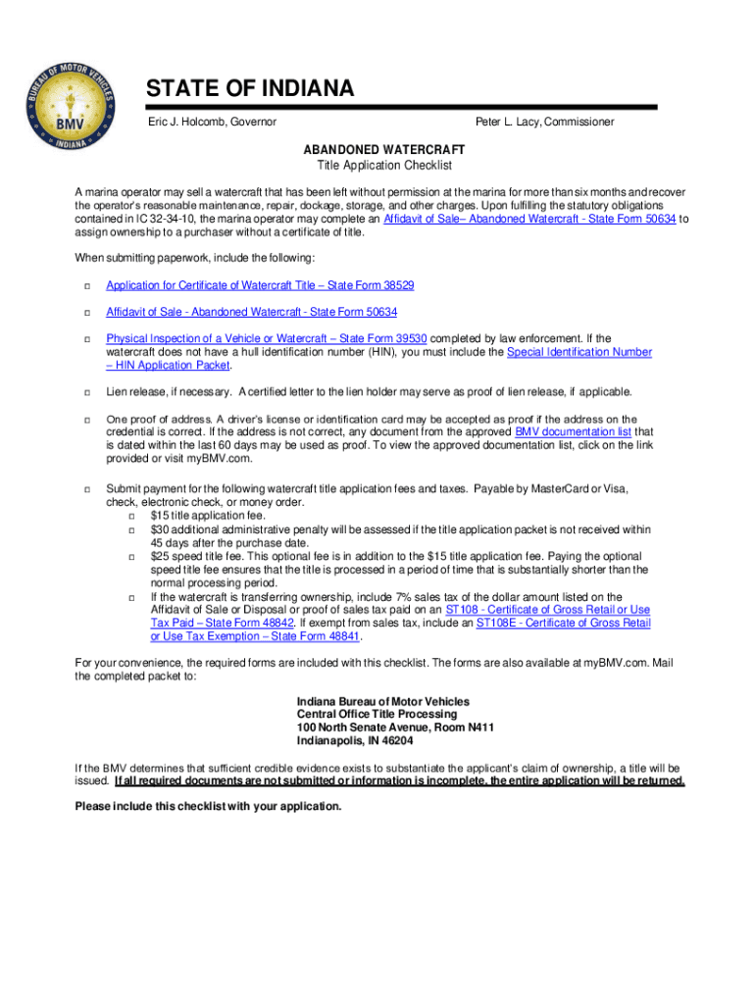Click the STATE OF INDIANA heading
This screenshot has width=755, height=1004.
[250, 90]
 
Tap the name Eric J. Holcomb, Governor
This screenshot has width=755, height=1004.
[212, 122]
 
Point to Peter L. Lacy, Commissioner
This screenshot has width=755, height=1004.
[544, 122]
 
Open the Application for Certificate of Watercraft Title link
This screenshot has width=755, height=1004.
[260, 285]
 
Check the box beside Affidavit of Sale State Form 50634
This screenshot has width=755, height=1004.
[86, 313]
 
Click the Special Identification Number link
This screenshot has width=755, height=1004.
[579, 352]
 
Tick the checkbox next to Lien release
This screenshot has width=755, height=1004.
[86, 392]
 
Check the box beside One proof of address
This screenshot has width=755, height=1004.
[86, 420]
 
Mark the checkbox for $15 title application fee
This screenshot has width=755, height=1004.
[132, 516]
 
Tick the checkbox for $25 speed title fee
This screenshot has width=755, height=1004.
[132, 557]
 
